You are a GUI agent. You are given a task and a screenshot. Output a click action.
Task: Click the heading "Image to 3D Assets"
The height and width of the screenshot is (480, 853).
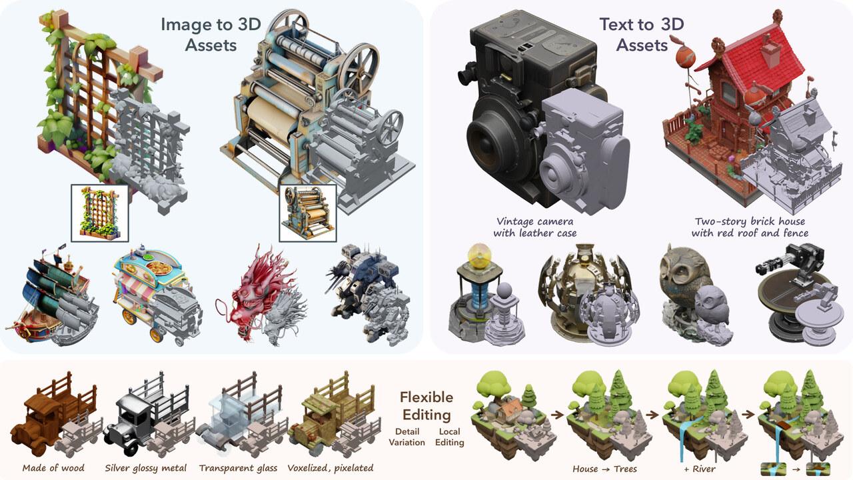tap(211, 35)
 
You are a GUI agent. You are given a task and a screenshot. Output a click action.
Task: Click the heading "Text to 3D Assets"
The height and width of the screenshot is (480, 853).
tap(642, 35)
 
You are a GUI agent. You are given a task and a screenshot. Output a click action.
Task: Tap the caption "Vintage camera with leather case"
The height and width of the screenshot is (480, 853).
tap(534, 227)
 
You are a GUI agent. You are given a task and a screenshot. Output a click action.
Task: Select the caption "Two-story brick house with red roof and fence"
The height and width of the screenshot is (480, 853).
tap(750, 227)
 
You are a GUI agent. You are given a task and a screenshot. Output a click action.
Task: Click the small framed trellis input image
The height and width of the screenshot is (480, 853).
tap(100, 213)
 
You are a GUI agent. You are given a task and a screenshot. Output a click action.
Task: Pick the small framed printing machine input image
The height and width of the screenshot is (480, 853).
tap(308, 213)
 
